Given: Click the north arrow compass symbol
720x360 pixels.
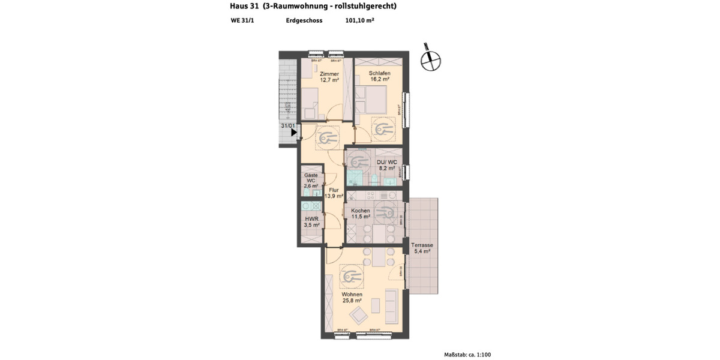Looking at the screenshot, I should [x=430, y=58].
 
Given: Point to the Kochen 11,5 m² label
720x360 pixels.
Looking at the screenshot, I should [x=361, y=214].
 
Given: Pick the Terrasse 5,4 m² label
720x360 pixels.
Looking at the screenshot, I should [x=422, y=248].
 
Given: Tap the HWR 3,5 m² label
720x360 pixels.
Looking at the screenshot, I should [x=311, y=223].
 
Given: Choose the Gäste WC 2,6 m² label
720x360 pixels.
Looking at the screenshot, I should [x=311, y=181].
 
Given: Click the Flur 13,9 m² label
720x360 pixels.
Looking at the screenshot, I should [x=334, y=193].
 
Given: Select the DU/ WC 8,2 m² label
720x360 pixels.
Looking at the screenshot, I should [x=386, y=166].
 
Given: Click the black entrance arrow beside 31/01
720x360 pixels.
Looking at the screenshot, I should [x=294, y=133].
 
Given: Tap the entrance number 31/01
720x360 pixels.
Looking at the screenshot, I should [x=288, y=126].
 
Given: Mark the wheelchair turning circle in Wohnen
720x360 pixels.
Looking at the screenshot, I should [x=352, y=277].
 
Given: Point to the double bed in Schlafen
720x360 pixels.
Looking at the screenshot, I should [x=372, y=98].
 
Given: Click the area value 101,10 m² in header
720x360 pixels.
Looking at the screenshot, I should [x=360, y=20].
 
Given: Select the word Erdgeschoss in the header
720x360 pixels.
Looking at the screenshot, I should [x=304, y=20].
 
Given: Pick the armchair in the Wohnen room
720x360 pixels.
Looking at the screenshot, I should [x=361, y=316].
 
